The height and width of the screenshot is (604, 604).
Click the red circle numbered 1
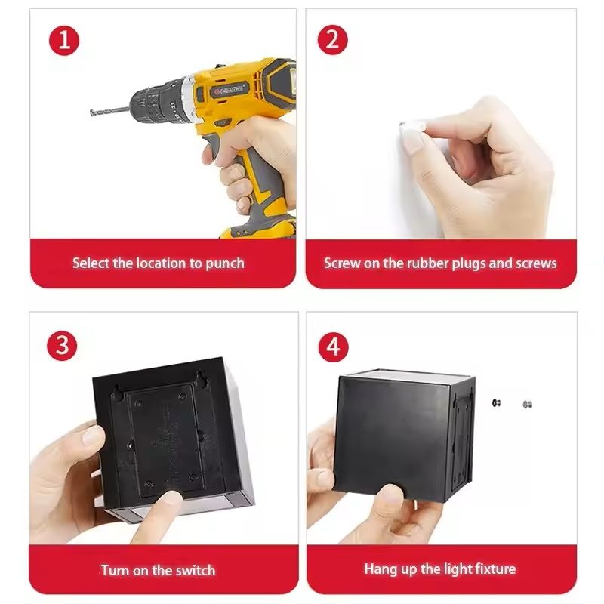[64, 41]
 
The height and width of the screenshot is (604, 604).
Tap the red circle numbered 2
[332, 40]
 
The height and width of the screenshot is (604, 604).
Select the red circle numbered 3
[62, 346]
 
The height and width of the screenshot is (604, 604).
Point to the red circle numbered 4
[333, 347]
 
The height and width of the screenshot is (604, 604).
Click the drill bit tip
[91, 112]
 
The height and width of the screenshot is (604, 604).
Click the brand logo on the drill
[230, 91]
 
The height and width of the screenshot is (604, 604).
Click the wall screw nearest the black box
[497, 403]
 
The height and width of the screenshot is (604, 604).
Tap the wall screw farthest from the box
[527, 404]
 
